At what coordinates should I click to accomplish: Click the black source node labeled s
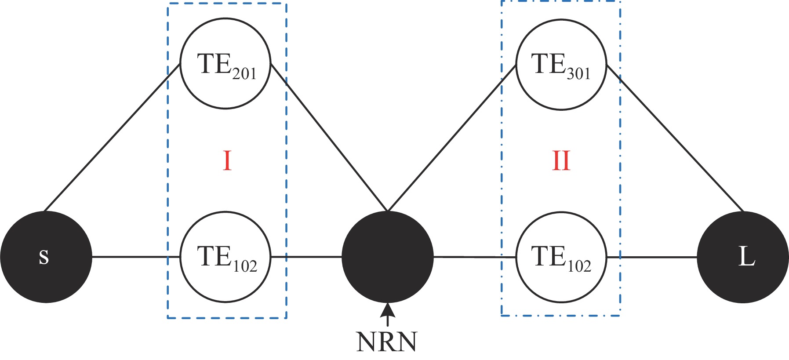(x=46, y=257)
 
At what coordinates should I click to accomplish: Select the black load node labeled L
(x=743, y=257)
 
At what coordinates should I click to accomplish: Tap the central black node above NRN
(x=388, y=257)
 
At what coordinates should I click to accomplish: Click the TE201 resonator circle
(x=225, y=63)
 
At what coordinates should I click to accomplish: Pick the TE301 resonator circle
(x=561, y=64)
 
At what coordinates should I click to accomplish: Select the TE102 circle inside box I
(x=225, y=257)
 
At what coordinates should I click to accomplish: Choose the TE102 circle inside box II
(x=561, y=257)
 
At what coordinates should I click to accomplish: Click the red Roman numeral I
(x=227, y=161)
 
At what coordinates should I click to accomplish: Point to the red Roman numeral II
(x=561, y=161)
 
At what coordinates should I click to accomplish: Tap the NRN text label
(x=387, y=342)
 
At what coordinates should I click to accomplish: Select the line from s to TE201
(x=112, y=137)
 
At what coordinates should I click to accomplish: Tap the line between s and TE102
(x=136, y=257)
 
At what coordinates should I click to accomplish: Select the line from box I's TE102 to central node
(x=306, y=257)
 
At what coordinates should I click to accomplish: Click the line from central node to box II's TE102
(x=475, y=257)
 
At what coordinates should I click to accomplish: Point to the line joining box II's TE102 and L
(x=652, y=257)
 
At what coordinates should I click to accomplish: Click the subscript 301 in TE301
(x=578, y=73)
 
